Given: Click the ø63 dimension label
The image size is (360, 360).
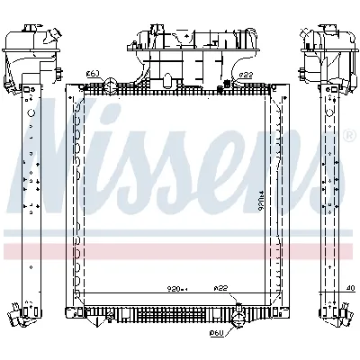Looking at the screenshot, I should [92, 73].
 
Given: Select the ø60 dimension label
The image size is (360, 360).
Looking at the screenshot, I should [216, 334].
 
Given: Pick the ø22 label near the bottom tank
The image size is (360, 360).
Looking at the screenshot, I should [220, 289].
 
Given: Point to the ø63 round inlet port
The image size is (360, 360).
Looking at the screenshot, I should [108, 86].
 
